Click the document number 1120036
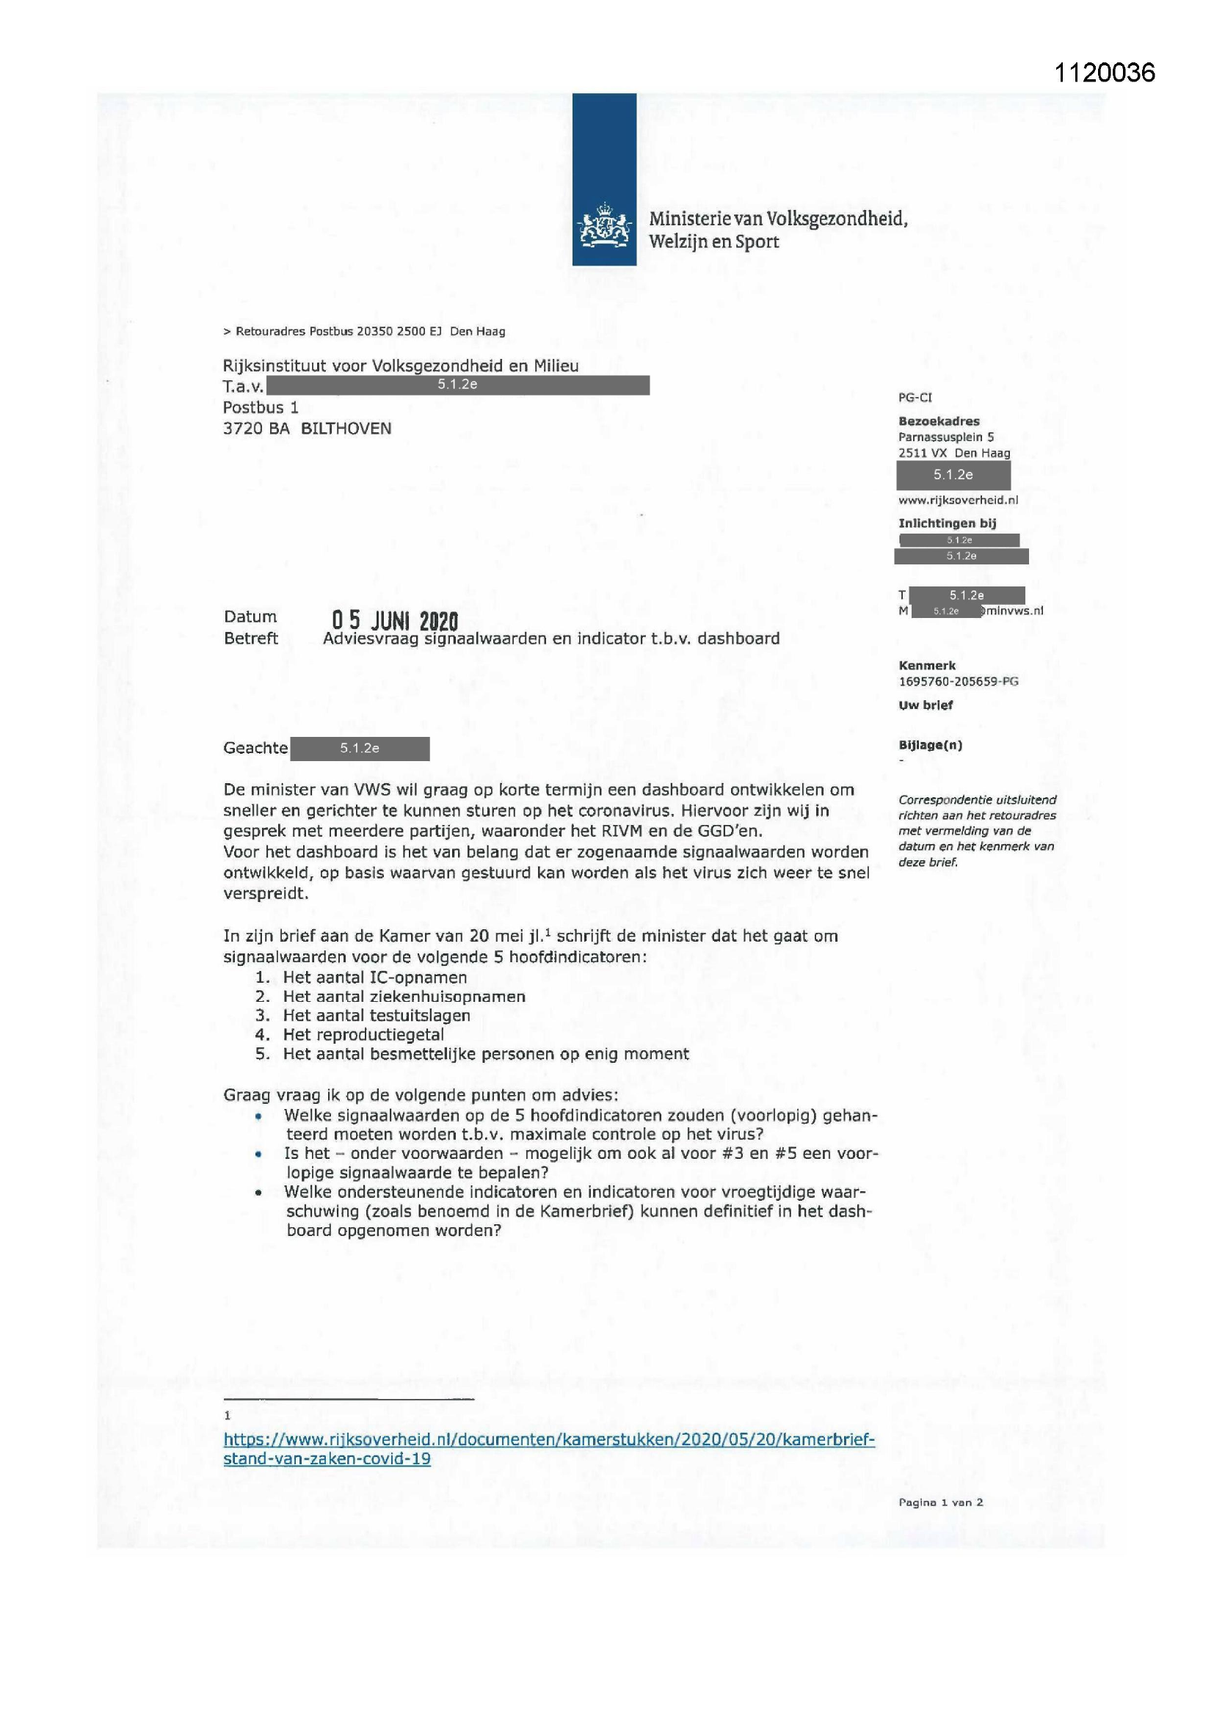1104,73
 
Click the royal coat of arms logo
603,227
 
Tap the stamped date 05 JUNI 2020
395,619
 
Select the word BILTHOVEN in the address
346,428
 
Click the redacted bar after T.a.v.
457,385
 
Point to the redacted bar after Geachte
360,748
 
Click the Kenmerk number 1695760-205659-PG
958,681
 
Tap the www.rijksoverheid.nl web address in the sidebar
958,500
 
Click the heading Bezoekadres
938,421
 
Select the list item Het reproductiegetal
363,1034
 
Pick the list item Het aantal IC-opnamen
374,977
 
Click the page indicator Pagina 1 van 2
940,1502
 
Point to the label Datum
250,617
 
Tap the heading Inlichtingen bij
947,523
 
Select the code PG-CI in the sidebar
915,398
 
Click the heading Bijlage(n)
930,744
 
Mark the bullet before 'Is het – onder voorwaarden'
258,1154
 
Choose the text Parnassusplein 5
945,437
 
